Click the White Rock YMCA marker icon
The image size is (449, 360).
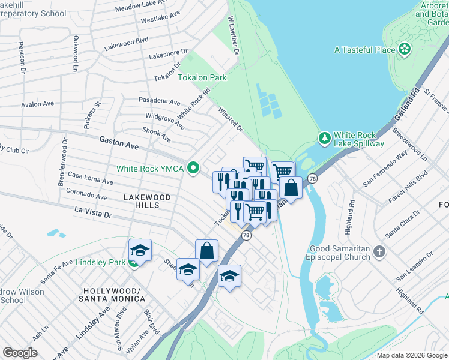193,168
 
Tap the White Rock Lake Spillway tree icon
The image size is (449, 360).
325,139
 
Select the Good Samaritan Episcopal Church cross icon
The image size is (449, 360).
379,253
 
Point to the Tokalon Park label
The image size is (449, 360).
202,78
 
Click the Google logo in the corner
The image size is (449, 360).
20,353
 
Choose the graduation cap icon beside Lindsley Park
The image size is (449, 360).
140,249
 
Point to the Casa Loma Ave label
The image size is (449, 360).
90,178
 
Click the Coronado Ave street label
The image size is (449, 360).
86,194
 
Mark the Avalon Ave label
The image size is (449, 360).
37,104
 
